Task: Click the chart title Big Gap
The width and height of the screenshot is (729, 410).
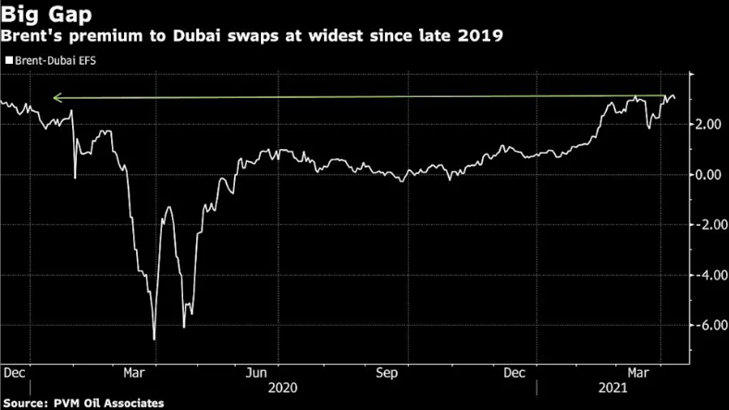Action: [x=43, y=14]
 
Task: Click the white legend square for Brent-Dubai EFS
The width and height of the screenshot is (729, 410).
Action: [x=9, y=60]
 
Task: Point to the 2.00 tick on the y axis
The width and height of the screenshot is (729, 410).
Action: [x=710, y=125]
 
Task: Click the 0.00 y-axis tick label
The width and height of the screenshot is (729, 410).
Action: [x=710, y=175]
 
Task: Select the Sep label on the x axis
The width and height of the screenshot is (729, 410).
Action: [x=387, y=373]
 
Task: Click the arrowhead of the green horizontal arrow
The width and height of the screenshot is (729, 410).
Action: [x=54, y=96]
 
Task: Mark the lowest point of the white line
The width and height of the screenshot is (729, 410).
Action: [x=154, y=340]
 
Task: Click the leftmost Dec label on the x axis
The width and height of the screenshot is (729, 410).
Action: [x=15, y=373]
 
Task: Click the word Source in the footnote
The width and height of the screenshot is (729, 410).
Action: [x=25, y=403]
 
